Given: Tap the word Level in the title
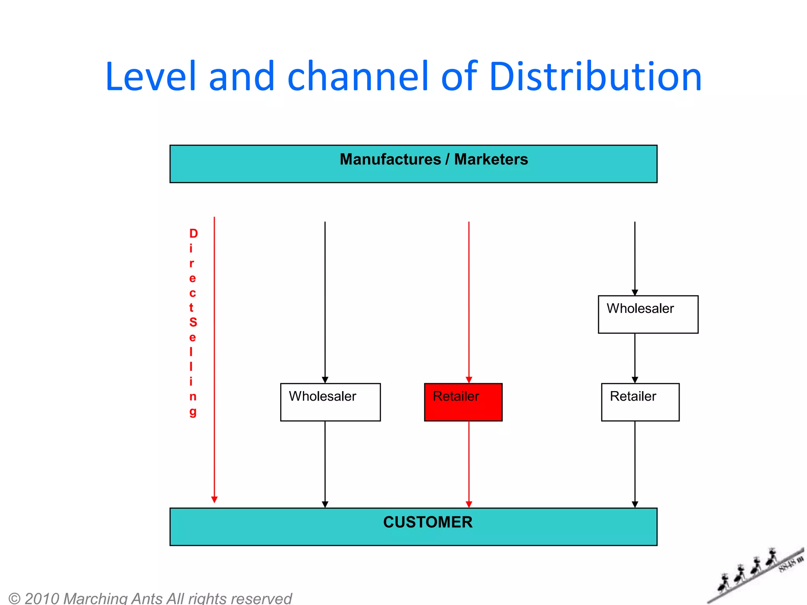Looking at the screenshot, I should [150, 77].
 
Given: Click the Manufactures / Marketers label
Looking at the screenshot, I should [433, 160].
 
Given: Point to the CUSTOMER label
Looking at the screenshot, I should [428, 522].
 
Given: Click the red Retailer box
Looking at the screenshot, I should [463, 402].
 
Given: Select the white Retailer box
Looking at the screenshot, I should [640, 402].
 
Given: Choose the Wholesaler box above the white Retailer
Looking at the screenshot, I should [648, 314].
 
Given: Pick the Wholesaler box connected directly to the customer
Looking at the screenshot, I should [330, 402].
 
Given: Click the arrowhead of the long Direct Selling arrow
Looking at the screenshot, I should [214, 499].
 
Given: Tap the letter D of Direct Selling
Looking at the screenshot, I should [193, 234].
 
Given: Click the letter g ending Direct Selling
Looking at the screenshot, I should [193, 412].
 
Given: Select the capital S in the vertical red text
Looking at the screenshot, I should [193, 322].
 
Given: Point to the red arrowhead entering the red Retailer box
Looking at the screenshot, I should [469, 380].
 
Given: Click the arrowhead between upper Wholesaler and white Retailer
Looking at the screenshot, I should [635, 380].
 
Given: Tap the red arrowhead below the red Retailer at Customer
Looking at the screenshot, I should [469, 504].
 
